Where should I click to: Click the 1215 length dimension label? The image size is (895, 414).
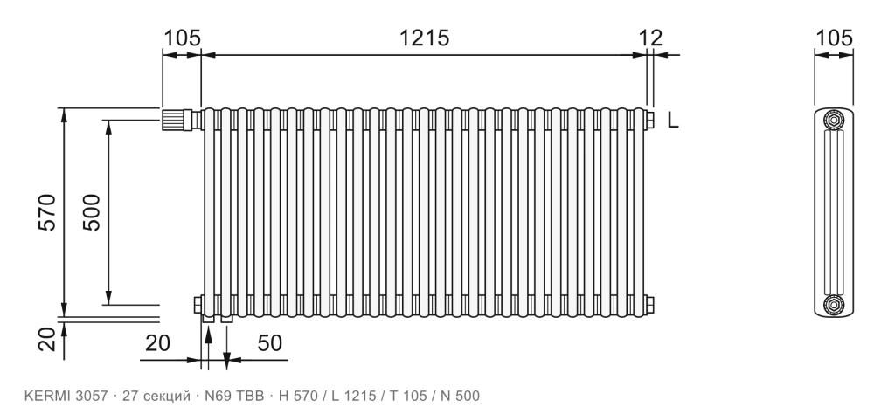tap(424, 38)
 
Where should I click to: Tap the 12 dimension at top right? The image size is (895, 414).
tap(650, 38)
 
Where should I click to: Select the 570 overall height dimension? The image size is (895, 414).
tap(48, 212)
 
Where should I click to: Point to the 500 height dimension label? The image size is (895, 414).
tap(92, 212)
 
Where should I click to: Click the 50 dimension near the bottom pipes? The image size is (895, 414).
tap(270, 343)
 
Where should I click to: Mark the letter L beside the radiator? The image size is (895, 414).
tap(674, 121)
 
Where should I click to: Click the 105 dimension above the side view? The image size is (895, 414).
tap(834, 38)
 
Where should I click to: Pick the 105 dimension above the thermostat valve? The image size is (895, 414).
tap(183, 38)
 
